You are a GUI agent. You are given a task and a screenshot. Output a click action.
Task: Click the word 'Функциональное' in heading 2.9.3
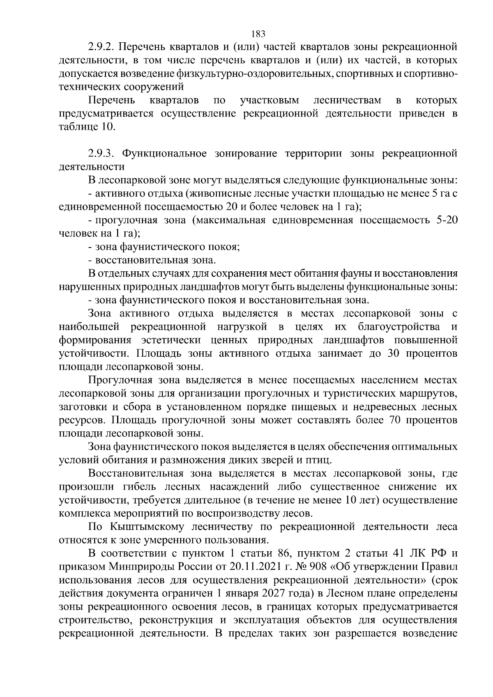point(165,154)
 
